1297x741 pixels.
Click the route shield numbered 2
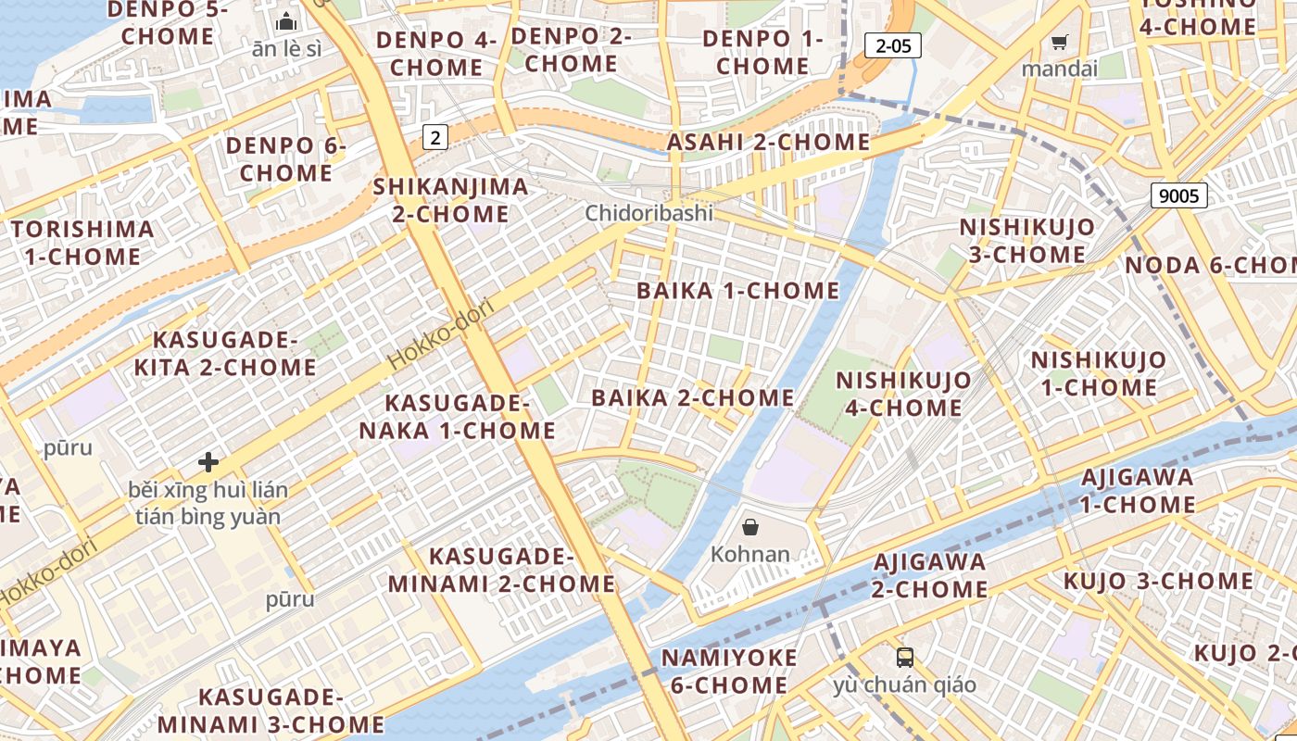click(435, 138)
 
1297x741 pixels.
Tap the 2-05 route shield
click(892, 45)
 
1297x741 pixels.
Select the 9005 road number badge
click(1178, 195)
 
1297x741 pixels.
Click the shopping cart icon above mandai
click(1059, 42)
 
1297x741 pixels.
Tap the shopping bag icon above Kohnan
click(750, 527)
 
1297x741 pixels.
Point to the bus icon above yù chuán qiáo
click(905, 658)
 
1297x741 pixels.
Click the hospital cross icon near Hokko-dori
click(208, 461)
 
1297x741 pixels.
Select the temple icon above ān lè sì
click(286, 20)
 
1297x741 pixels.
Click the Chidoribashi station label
click(649, 213)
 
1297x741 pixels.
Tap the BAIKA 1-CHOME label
click(737, 291)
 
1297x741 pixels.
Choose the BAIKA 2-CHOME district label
click(693, 398)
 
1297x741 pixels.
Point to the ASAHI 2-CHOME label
click(768, 143)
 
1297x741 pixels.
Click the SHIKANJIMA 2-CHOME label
click(450, 200)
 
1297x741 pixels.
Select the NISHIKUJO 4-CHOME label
click(903, 394)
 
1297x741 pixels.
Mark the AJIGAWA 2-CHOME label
click(930, 575)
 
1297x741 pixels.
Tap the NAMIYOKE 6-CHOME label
click(728, 672)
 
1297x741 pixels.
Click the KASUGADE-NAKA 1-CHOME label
click(457, 417)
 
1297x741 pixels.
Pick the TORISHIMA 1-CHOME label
click(82, 243)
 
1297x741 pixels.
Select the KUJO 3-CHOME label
click(1157, 582)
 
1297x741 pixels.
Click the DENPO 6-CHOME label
click(285, 159)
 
